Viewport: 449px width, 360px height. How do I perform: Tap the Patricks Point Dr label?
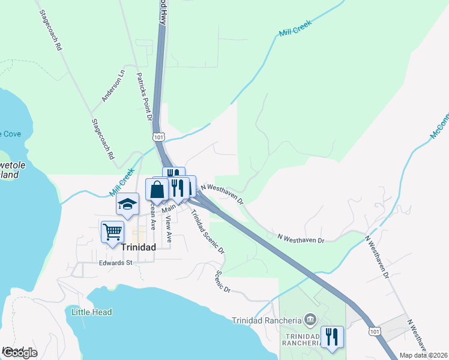point(145,97)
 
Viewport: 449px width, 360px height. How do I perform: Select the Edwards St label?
point(116,263)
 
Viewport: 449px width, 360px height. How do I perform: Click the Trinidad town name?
point(139,247)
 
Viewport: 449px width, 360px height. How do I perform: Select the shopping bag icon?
point(157,190)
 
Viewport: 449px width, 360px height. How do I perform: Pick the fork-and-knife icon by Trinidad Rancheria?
point(331,336)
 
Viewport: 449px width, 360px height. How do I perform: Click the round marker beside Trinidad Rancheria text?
point(310,318)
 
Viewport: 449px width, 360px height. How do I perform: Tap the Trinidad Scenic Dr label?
point(208,231)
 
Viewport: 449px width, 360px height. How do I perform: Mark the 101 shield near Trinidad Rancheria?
point(375,331)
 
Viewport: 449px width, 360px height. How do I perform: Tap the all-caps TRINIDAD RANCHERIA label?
point(301,340)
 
